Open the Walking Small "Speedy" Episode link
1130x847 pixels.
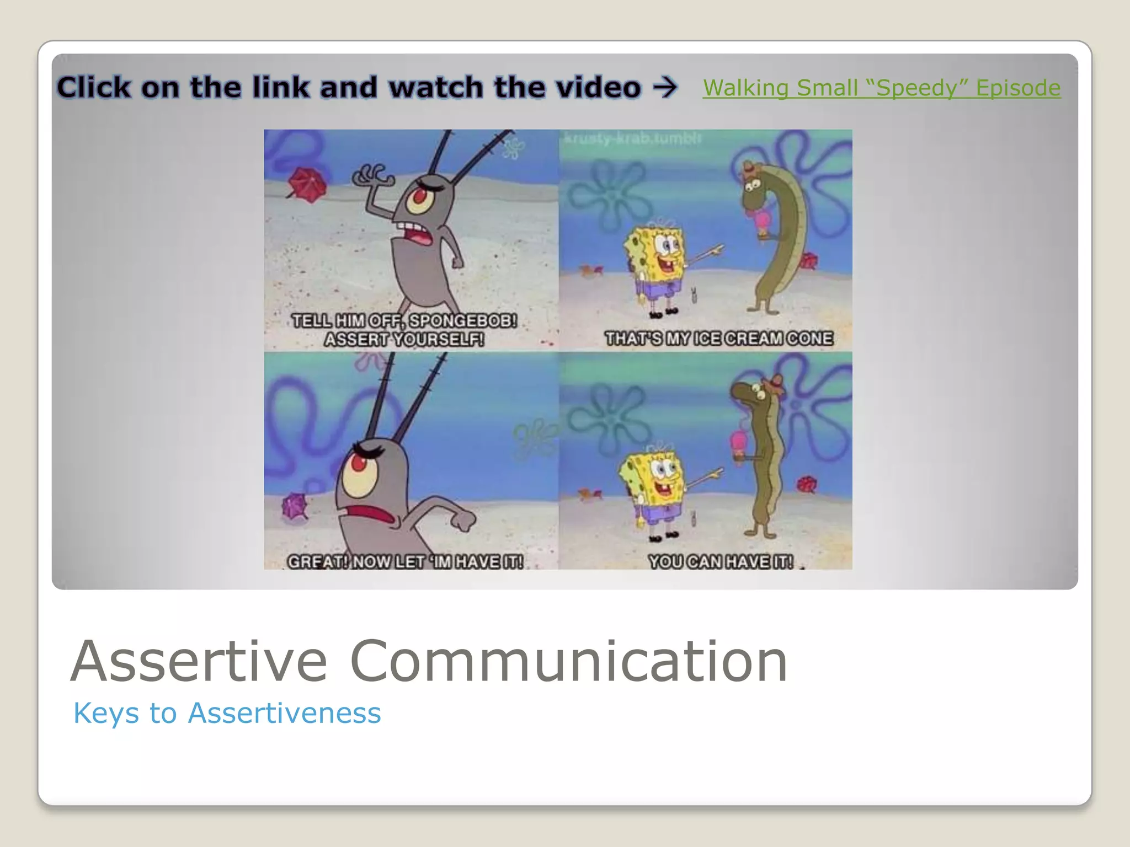[881, 88]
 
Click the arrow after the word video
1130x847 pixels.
[665, 87]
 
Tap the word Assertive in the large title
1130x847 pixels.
[199, 661]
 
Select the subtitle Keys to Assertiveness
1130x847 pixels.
[227, 713]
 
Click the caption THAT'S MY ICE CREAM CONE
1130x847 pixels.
[718, 338]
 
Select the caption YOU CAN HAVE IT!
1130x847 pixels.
[721, 561]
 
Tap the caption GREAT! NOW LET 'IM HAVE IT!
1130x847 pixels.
[405, 561]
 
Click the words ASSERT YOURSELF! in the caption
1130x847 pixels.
[404, 339]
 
